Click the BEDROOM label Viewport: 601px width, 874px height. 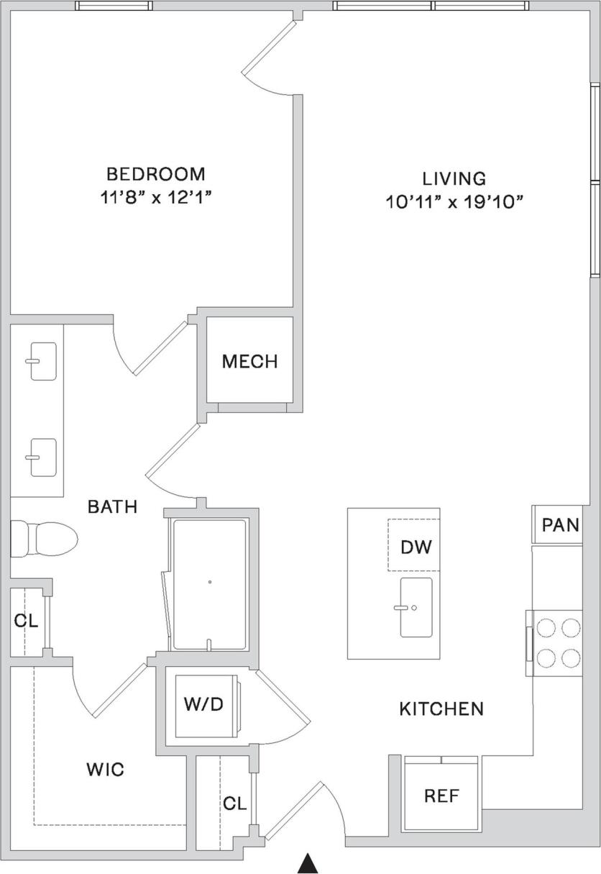click(155, 174)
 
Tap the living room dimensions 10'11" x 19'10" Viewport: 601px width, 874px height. click(453, 203)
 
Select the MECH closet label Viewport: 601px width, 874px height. click(249, 361)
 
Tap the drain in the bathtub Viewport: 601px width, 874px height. click(209, 582)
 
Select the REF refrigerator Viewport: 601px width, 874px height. click(441, 796)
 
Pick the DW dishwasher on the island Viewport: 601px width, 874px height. click(416, 547)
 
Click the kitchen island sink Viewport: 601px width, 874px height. click(416, 607)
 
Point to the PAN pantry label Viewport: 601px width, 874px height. click(560, 525)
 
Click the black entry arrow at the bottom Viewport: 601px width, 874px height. click(308, 863)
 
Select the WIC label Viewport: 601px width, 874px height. click(105, 770)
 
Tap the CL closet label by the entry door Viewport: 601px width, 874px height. click(234, 804)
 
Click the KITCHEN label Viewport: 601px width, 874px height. click(441, 709)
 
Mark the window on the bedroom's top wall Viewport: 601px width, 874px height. click(114, 6)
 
